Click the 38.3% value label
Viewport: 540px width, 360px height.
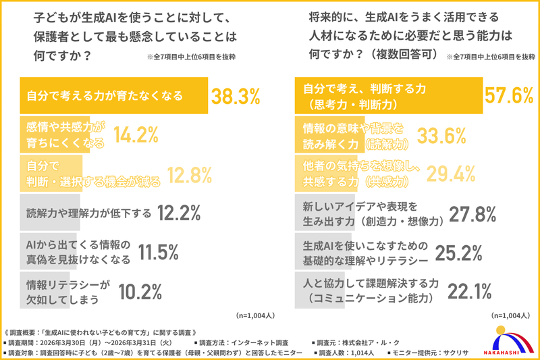coord(236,97)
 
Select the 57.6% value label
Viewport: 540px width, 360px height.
coord(510,97)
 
